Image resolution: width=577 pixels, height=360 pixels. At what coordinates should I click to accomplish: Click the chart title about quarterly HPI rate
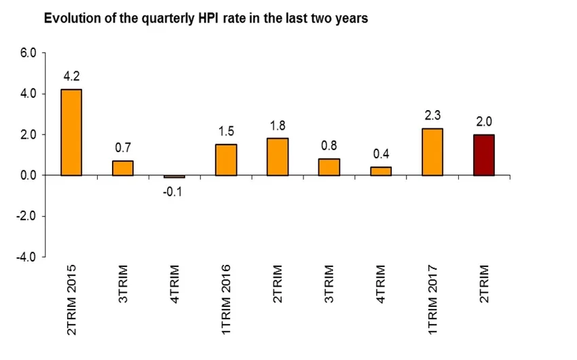[206, 19]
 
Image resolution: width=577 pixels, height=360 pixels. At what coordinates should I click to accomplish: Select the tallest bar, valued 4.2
[71, 132]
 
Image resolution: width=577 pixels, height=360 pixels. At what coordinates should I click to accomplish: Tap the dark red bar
[484, 155]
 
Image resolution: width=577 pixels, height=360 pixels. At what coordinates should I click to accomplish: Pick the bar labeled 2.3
[432, 152]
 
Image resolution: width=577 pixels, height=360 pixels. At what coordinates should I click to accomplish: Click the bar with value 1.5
[226, 160]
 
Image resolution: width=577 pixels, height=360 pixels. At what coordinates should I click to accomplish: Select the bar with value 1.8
[278, 157]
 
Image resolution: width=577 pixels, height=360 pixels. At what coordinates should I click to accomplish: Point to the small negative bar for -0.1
[174, 177]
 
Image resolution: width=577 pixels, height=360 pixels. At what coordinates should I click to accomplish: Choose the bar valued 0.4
[381, 171]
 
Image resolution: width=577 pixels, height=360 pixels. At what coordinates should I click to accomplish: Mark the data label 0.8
[329, 146]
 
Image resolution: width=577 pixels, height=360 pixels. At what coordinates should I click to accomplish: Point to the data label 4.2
[71, 76]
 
